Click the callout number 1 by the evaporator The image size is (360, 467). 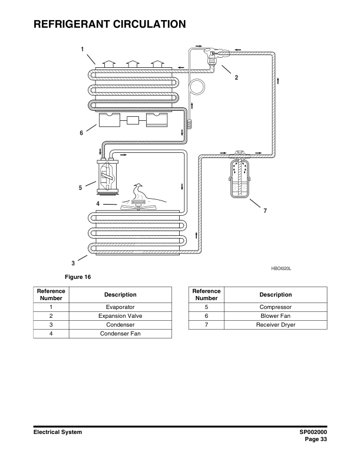[82, 49]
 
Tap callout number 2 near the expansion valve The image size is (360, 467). [236, 77]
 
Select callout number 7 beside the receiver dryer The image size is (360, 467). [265, 211]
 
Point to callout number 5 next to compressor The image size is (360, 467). [80, 188]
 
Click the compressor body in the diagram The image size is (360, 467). [107, 176]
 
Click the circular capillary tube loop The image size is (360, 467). [197, 87]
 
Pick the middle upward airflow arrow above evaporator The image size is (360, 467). [133, 64]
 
